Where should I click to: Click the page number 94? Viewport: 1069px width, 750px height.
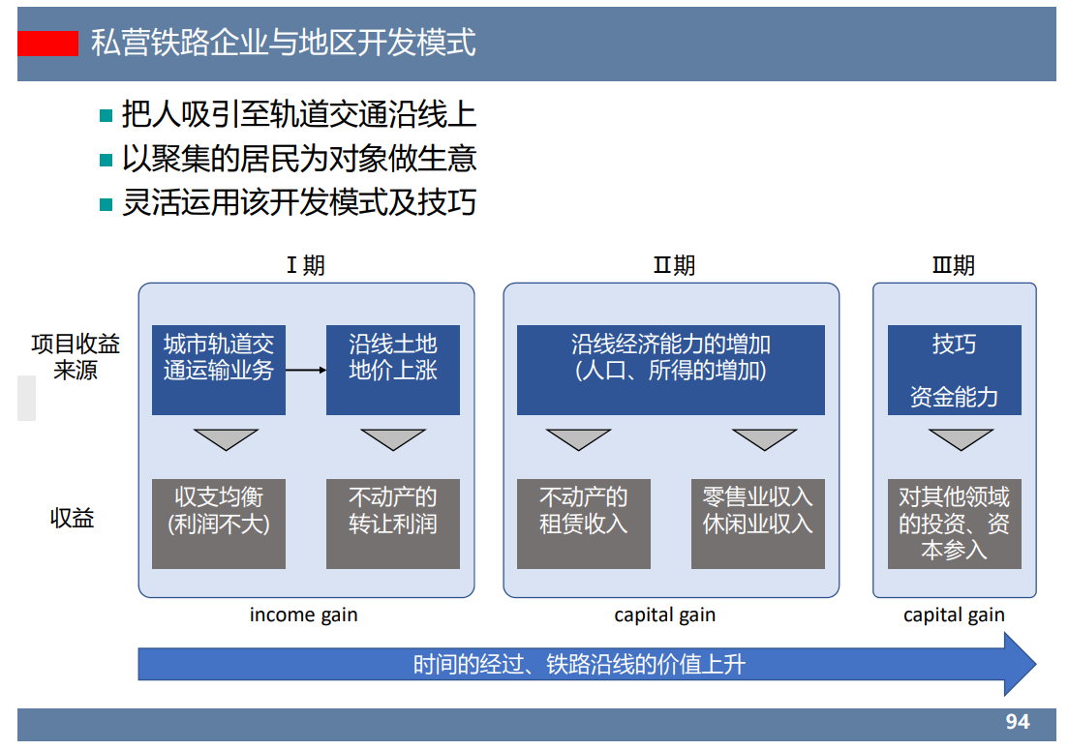[x=1017, y=722]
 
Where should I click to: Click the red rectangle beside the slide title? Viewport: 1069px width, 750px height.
[x=47, y=44]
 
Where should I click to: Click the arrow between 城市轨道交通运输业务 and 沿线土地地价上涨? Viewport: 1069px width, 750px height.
[x=306, y=371]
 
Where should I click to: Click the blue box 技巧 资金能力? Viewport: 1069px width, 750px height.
[x=954, y=370]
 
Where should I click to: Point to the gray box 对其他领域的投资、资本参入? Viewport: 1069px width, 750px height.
[x=954, y=524]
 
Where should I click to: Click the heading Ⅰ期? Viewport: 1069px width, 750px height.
[x=305, y=265]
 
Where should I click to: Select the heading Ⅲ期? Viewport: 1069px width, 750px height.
[x=954, y=265]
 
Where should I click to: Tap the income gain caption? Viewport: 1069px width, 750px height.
[x=303, y=615]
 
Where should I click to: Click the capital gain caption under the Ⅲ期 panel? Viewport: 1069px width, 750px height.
[x=954, y=615]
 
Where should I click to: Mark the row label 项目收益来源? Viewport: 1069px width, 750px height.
[x=76, y=356]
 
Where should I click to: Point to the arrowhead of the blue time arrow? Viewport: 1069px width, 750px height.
[x=1019, y=664]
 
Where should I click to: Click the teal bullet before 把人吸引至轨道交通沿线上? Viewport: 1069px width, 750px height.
[x=107, y=116]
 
